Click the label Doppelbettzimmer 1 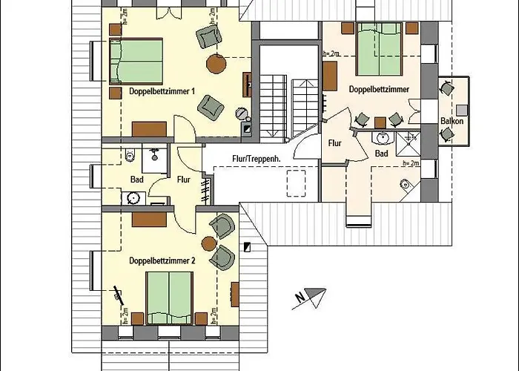pos(162,91)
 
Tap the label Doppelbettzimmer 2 pos(162,260)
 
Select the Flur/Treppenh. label pos(257,159)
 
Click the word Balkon pos(452,121)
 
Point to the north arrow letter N pos(300,298)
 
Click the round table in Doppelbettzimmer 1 pos(216,64)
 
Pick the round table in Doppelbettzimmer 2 pos(209,244)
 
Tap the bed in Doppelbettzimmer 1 pos(136,61)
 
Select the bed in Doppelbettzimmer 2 pos(169,298)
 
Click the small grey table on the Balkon pos(462,111)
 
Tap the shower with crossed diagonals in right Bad pos(409,144)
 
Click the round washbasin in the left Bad pos(133,198)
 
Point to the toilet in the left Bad pos(130,155)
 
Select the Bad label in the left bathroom pos(136,180)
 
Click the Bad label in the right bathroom pos(381,154)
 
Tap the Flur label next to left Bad pos(184,180)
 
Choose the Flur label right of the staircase pos(334,143)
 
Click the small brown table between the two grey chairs pos(380,123)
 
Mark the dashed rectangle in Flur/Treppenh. pos(297,183)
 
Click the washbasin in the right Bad pos(383,137)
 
